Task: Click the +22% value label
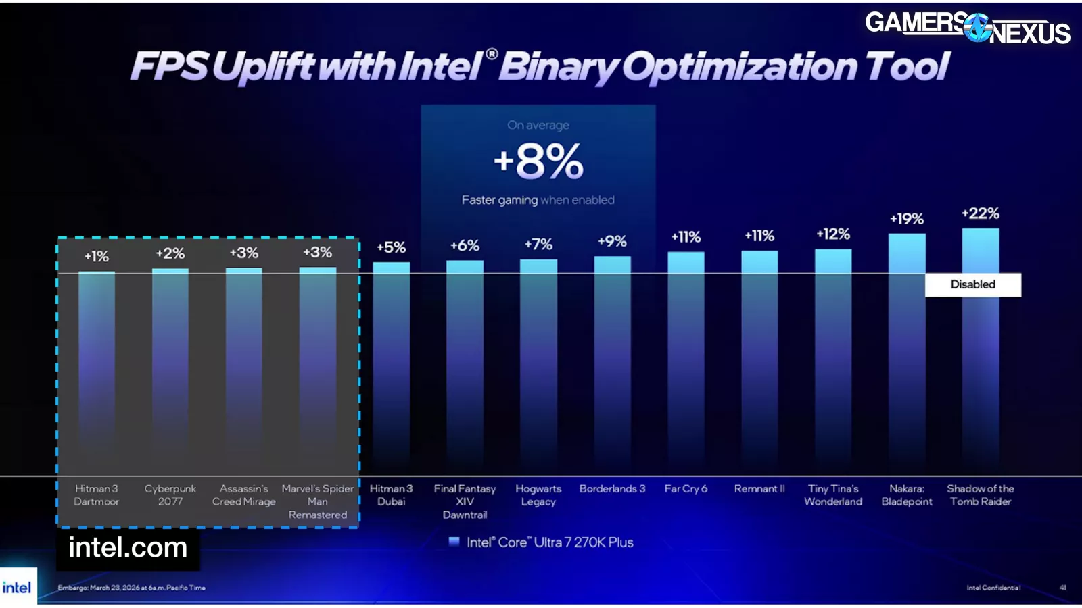click(980, 213)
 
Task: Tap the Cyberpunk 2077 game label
click(170, 495)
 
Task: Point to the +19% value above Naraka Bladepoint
click(906, 219)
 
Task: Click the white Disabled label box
click(972, 284)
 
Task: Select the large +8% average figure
click(538, 161)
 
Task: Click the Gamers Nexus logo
click(967, 27)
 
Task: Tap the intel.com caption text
click(128, 547)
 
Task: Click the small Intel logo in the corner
click(17, 587)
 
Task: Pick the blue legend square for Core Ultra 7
click(454, 542)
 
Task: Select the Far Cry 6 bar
click(686, 358)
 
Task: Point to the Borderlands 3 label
click(612, 488)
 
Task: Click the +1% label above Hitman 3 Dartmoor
click(97, 257)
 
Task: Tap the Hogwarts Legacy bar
click(538, 358)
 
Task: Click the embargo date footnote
click(131, 588)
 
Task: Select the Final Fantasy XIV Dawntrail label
click(465, 501)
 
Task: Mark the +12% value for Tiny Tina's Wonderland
click(833, 234)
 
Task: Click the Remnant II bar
click(759, 358)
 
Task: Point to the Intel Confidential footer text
click(993, 588)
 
